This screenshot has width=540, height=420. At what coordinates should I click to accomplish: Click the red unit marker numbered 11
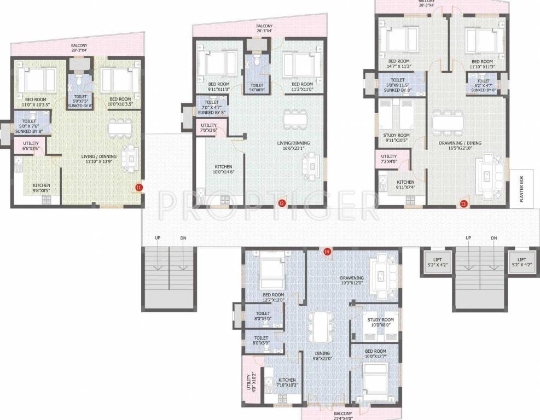tap(138, 188)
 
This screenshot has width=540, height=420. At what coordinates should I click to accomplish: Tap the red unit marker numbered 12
tap(281, 203)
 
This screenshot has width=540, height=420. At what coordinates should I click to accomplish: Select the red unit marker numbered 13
tap(463, 204)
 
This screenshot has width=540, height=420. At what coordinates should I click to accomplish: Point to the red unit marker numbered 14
tap(327, 252)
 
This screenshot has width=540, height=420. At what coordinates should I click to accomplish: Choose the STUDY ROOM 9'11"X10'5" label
tap(396, 138)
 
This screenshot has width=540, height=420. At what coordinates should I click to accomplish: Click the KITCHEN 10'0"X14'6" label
tap(223, 170)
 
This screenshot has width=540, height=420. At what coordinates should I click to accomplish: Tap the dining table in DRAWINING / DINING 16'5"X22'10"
tap(448, 121)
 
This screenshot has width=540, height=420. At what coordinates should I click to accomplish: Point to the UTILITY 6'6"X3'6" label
tap(30, 145)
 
